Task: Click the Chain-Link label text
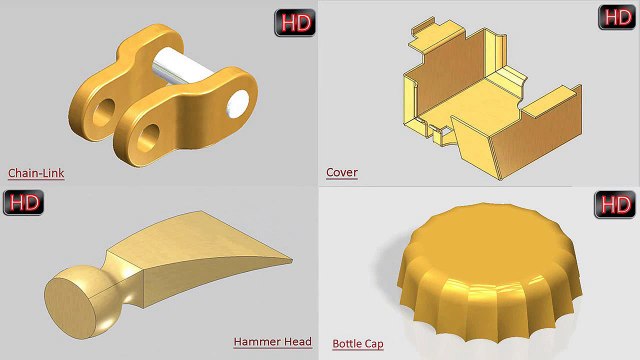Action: pos(36,173)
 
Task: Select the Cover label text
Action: pos(342,172)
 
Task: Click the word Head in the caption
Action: pos(298,342)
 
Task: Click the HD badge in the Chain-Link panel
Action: pos(295,23)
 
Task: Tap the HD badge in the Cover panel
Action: pos(617,17)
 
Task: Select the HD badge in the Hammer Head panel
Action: pos(23,202)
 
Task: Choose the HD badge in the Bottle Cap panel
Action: pos(615,204)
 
